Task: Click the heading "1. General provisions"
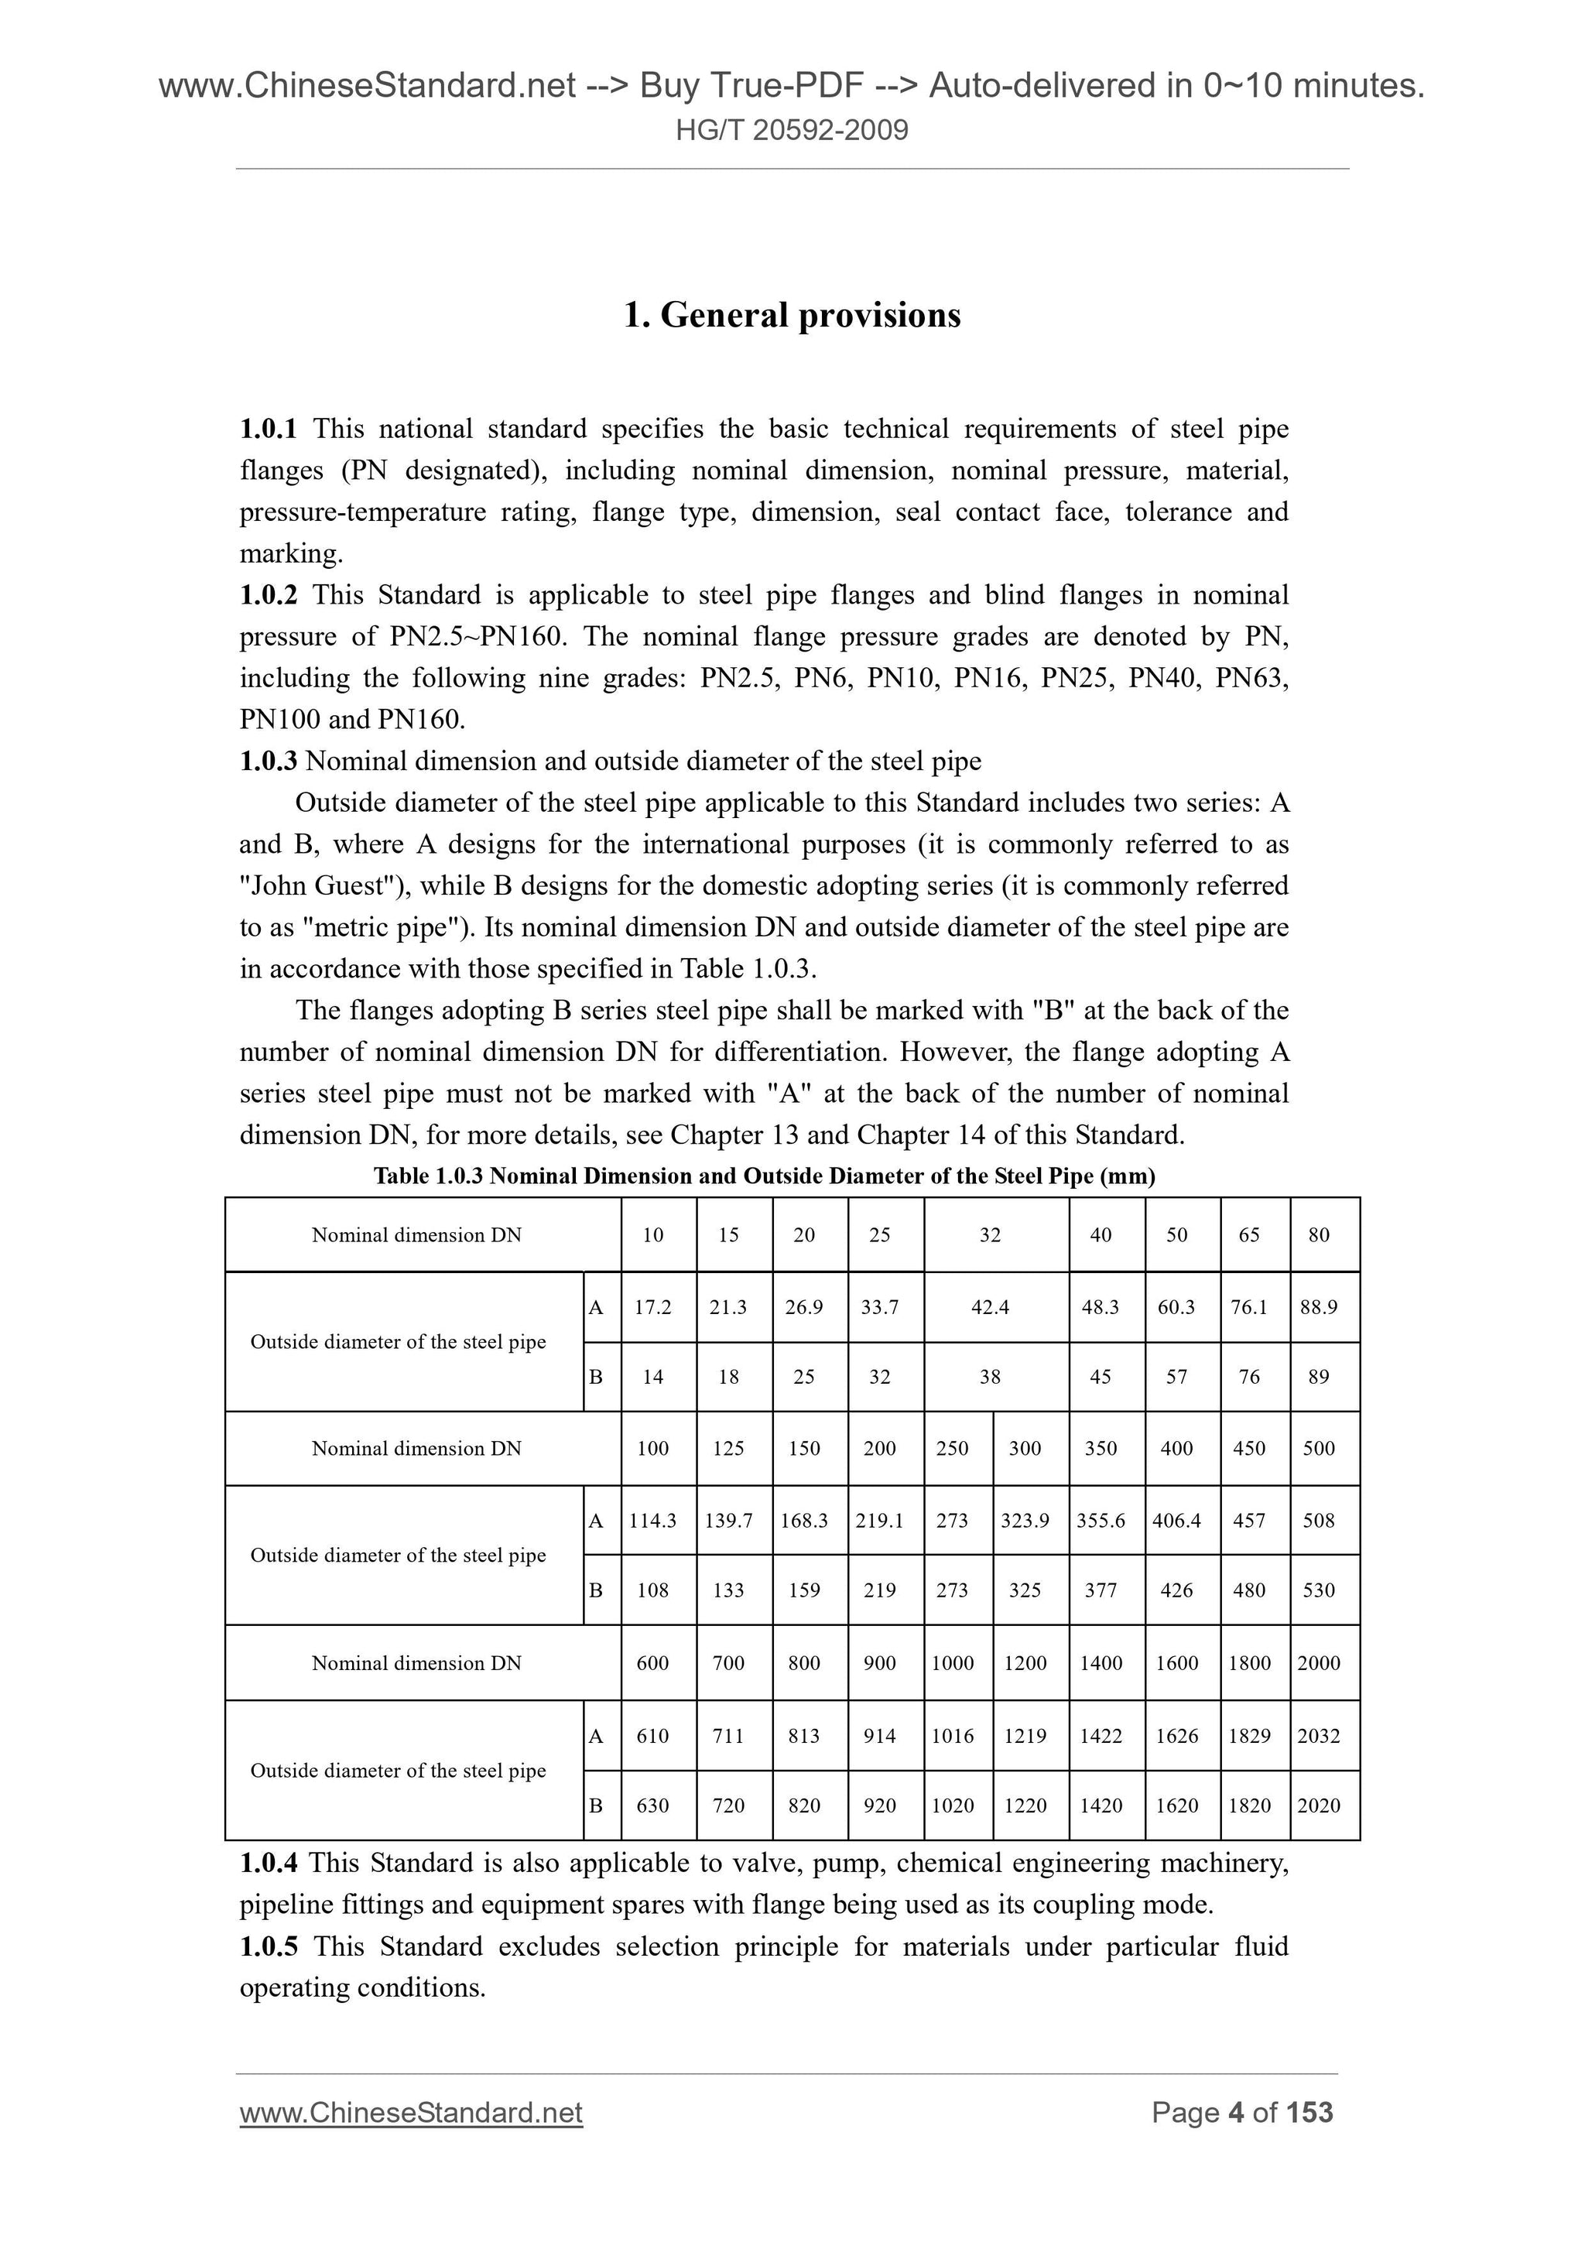[x=792, y=316]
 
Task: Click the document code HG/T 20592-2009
[x=792, y=130]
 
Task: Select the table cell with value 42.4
[x=991, y=1307]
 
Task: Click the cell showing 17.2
[x=652, y=1307]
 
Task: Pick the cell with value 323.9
[x=1025, y=1521]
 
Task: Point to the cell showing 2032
[x=1319, y=1735]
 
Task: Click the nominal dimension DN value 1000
[x=952, y=1663]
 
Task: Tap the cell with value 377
[x=1101, y=1590]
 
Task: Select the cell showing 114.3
[x=652, y=1521]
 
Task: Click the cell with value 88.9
[x=1319, y=1307]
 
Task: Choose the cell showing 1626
[x=1177, y=1735]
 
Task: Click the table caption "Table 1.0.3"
[x=429, y=1176]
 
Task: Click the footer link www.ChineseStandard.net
[x=411, y=2113]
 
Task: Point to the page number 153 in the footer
[x=1309, y=2113]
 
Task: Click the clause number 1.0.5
[x=269, y=1946]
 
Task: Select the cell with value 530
[x=1319, y=1590]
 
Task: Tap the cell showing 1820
[x=1249, y=1806]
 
